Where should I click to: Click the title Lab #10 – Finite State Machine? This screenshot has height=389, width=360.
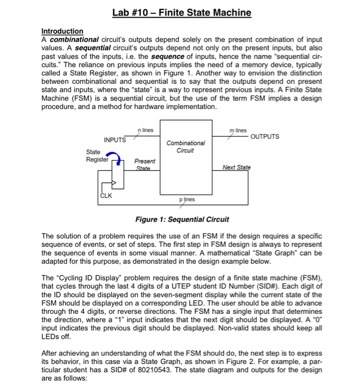pyautogui.click(x=181, y=12)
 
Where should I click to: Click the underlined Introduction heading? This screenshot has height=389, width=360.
pyautogui.click(x=62, y=31)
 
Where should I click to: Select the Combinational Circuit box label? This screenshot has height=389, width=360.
pyautogui.click(x=185, y=146)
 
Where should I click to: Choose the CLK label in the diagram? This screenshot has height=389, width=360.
pyautogui.click(x=106, y=196)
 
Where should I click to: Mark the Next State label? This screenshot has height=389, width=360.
pyautogui.click(x=236, y=167)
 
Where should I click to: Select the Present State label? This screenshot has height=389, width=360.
pyautogui.click(x=146, y=163)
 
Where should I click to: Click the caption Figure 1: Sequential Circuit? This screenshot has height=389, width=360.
pyautogui.click(x=182, y=220)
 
